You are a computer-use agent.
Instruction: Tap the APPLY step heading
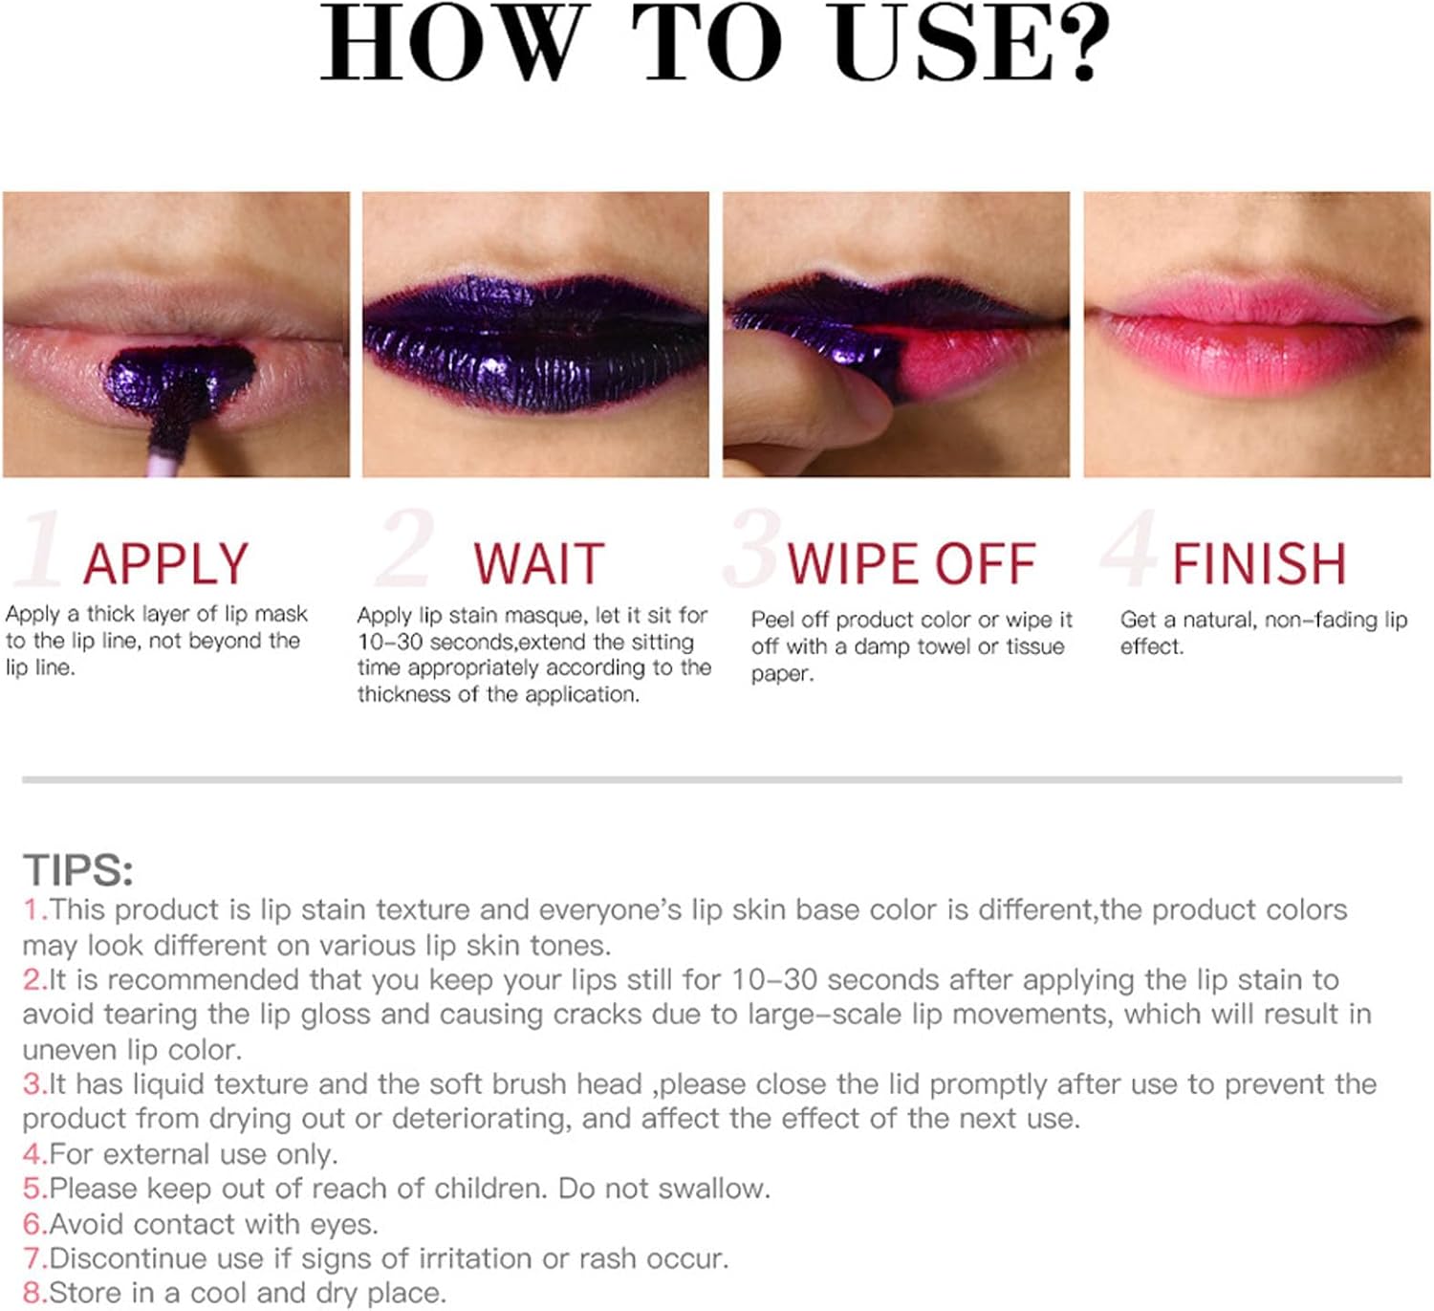pos(165,564)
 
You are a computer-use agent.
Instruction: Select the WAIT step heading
pos(539,564)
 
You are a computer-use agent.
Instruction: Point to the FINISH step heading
pos(1260,564)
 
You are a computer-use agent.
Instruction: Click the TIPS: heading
pos(78,870)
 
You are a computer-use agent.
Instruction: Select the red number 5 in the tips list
pos(34,1188)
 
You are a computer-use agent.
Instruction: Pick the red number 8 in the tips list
pos(34,1293)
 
